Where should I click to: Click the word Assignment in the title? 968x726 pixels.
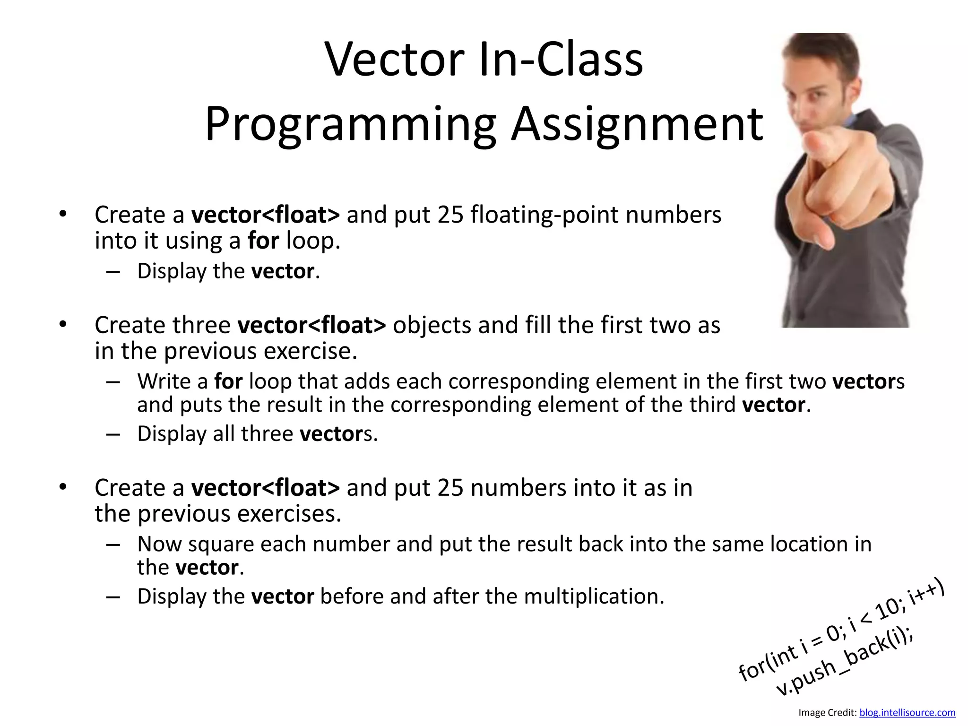pyautogui.click(x=637, y=125)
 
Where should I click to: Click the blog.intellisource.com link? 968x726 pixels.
pyautogui.click(x=907, y=712)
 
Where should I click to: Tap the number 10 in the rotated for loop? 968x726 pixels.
pyautogui.click(x=889, y=612)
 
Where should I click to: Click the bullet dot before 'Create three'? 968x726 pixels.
pyautogui.click(x=63, y=324)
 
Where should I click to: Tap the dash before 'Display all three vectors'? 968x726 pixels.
pyautogui.click(x=113, y=434)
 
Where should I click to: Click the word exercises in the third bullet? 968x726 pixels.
pyautogui.click(x=288, y=514)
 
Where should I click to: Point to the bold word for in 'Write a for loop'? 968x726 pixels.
pyautogui.click(x=228, y=381)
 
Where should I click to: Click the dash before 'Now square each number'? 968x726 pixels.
pyautogui.click(x=113, y=544)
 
